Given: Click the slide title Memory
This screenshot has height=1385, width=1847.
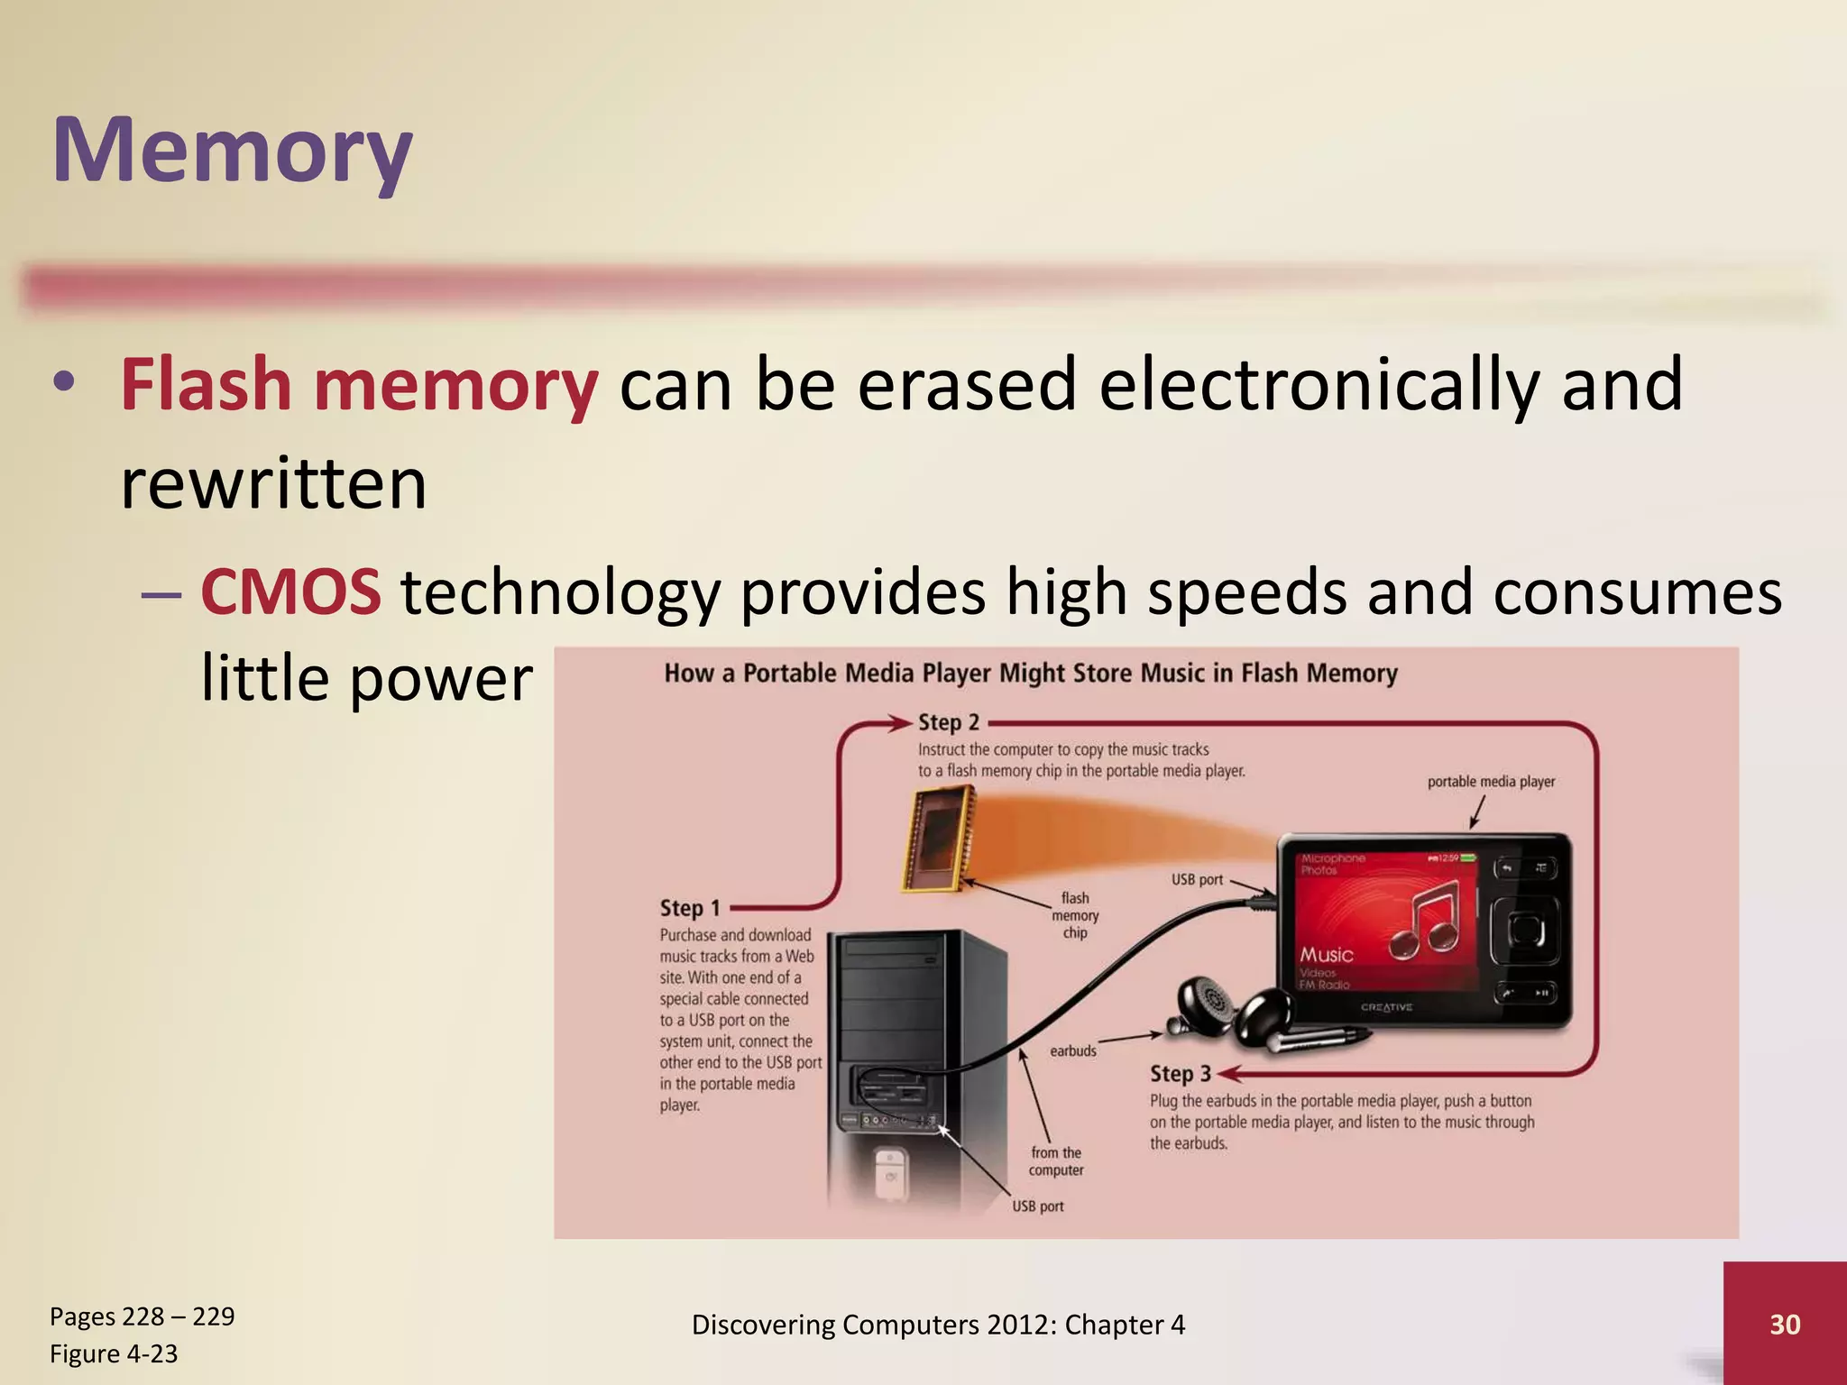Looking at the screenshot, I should pos(232,151).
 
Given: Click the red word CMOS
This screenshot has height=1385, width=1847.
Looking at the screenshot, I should pos(290,592).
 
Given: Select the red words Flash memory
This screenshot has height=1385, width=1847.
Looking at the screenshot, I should pos(359,385).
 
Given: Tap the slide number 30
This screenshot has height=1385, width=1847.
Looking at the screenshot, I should pos(1785,1324).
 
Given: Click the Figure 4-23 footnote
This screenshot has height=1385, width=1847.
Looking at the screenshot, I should pos(114,1353).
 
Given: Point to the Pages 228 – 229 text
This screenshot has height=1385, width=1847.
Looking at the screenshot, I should pos(142,1316).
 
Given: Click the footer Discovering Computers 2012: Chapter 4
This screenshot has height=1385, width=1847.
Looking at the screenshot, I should pos(938,1325).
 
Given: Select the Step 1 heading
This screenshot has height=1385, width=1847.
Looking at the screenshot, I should pos(690,908).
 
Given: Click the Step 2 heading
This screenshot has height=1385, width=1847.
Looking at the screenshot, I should pos(948,722).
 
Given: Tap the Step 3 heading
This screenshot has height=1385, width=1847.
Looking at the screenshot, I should pos(1180,1074).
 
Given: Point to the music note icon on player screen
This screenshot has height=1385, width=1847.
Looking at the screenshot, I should pos(1424,920).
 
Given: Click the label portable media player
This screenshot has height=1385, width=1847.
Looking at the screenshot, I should pos(1491,782).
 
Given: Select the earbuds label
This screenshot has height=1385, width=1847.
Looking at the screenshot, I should pos(1073,1051).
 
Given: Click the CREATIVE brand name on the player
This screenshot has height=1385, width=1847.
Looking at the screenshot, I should pos(1386,1007).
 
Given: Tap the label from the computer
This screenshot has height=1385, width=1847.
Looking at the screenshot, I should pos(1056,1161).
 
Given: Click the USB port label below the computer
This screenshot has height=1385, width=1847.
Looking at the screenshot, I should pos(1037,1206).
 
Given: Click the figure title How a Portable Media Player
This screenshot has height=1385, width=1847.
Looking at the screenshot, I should pos(1030,674).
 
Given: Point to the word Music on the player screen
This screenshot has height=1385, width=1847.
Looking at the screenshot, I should pos(1326,954).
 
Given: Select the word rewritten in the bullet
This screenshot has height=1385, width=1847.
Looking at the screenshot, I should pos(273,484).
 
